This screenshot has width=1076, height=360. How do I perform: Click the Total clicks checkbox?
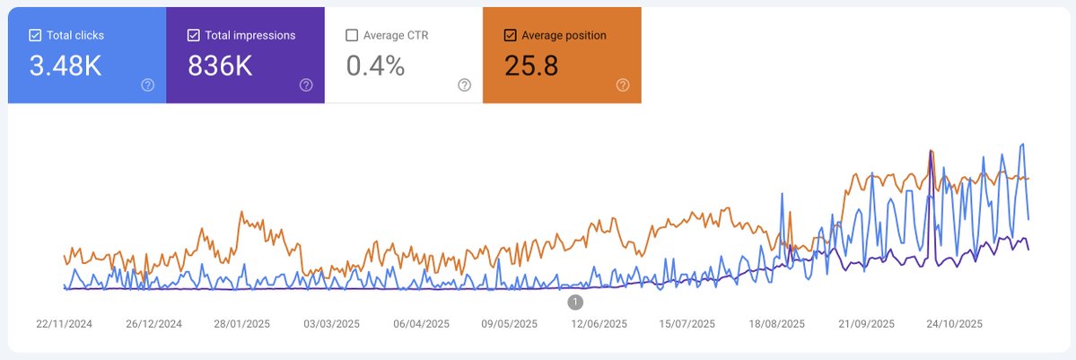click(x=35, y=36)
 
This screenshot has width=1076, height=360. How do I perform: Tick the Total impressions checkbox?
click(x=193, y=36)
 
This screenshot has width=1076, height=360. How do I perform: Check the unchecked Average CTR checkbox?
click(x=352, y=36)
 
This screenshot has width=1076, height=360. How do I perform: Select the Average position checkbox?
click(x=510, y=36)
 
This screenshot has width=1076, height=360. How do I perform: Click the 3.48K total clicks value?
click(x=66, y=66)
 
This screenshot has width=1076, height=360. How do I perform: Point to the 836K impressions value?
click(x=220, y=66)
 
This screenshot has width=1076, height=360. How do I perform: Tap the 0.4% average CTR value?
click(x=375, y=66)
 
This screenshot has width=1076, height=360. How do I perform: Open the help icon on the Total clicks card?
click(x=148, y=85)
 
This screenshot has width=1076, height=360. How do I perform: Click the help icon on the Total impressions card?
click(x=306, y=85)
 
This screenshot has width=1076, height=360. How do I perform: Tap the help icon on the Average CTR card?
click(x=464, y=85)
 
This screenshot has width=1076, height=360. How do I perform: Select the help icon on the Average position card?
click(x=623, y=85)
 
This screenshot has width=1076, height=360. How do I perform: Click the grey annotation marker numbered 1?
click(x=575, y=302)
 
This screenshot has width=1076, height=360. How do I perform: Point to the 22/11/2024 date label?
click(x=64, y=323)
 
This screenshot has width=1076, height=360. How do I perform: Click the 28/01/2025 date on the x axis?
click(x=242, y=323)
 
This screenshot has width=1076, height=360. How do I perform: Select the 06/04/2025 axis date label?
click(x=421, y=323)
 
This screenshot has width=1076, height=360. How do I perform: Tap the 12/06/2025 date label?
click(x=599, y=323)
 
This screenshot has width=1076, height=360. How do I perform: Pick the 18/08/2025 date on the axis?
click(x=777, y=323)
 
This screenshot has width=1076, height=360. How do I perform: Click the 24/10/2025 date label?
click(x=955, y=323)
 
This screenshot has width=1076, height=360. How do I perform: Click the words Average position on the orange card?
click(x=564, y=36)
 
